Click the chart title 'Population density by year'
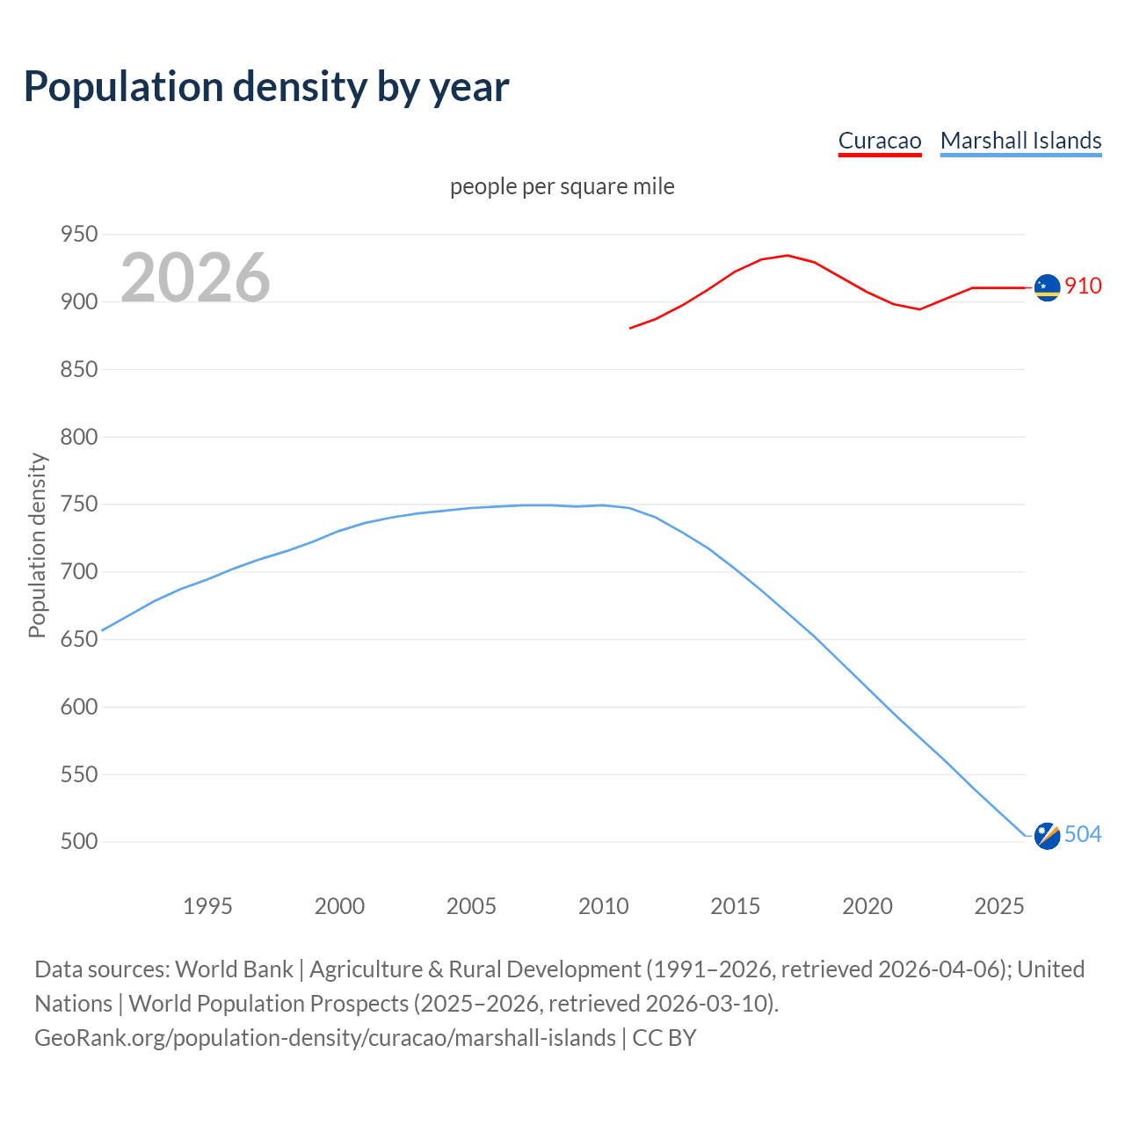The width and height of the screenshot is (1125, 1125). click(266, 87)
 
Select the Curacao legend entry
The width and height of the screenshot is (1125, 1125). click(879, 141)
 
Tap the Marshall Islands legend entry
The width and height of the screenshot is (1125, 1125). click(1020, 141)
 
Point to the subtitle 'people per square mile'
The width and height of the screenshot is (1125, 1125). click(562, 187)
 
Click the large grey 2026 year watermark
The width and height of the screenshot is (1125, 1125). click(195, 278)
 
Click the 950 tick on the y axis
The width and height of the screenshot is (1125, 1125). click(78, 235)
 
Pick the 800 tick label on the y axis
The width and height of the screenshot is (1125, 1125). click(78, 437)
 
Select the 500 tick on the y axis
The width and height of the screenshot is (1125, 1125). click(78, 842)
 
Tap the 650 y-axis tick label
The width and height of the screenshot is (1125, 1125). click(78, 639)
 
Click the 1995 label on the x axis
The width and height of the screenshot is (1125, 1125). click(207, 906)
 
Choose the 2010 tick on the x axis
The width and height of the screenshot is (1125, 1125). click(603, 906)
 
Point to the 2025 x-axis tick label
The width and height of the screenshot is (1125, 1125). click(999, 906)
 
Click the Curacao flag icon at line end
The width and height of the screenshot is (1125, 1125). click(1047, 287)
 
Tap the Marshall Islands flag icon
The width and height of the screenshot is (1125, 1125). click(1047, 836)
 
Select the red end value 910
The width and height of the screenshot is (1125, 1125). click(1083, 286)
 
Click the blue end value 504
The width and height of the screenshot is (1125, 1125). click(1083, 834)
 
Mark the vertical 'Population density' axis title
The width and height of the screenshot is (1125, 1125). click(37, 545)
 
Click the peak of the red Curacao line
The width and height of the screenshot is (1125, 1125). click(787, 256)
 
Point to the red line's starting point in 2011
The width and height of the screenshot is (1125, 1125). click(630, 328)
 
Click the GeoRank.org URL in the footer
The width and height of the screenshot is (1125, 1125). click(325, 1038)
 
